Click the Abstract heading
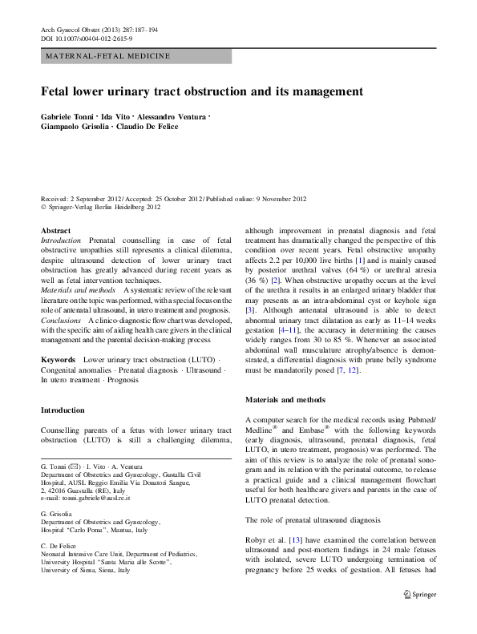(x=55, y=230)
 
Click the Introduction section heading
(x=63, y=410)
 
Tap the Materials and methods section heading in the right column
(x=287, y=398)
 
